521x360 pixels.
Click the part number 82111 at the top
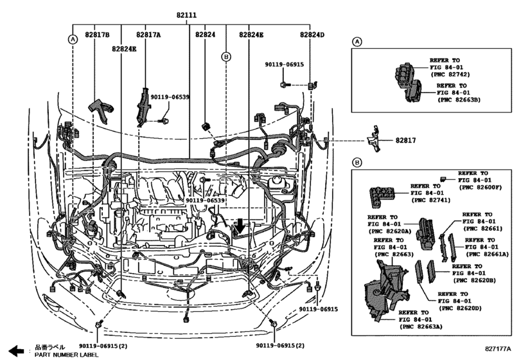click(x=186, y=15)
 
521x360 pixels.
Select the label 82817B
click(x=97, y=35)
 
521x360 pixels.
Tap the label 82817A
click(x=148, y=35)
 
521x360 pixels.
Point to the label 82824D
click(x=312, y=35)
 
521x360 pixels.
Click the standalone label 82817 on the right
click(x=405, y=140)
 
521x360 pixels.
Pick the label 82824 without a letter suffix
click(x=205, y=35)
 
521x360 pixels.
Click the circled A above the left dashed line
click(x=73, y=39)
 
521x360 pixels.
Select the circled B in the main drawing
click(x=226, y=57)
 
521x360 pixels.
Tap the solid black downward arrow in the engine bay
click(x=239, y=227)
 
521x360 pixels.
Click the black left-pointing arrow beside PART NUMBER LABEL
click(x=16, y=350)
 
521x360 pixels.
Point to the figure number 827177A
click(x=498, y=348)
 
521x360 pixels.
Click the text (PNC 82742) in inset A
click(x=450, y=75)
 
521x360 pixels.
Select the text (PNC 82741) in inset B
click(x=430, y=200)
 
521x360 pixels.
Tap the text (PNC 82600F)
click(x=480, y=188)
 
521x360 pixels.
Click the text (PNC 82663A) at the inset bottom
click(x=421, y=327)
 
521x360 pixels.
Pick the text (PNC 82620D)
click(x=460, y=308)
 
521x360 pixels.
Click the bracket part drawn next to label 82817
click(x=374, y=139)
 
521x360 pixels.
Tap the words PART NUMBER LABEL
click(x=66, y=354)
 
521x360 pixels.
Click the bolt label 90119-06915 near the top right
click(x=284, y=64)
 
